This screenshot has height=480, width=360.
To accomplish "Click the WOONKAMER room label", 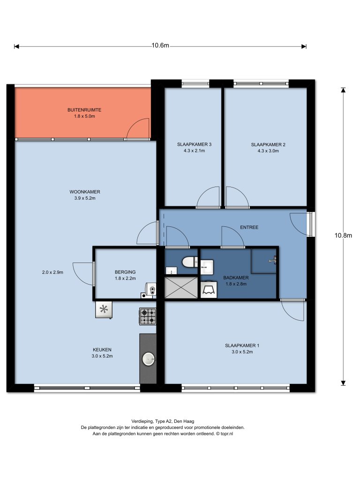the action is (85, 192).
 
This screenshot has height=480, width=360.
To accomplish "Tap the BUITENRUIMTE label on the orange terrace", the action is (84, 110).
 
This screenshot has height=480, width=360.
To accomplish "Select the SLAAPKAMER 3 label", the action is (195, 144).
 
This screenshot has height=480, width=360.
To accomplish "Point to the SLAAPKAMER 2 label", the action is (268, 144).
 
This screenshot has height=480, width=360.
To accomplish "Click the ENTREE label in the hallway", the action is (249, 227).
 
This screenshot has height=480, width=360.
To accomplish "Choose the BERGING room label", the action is (125, 272).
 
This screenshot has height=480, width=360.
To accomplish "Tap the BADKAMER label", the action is (236, 277).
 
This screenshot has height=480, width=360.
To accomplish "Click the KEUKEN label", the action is (102, 350).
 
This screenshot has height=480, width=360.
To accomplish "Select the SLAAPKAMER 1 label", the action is (242, 345).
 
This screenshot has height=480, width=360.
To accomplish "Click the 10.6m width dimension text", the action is (160, 45).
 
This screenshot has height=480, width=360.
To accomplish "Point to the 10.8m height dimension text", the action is (343, 235).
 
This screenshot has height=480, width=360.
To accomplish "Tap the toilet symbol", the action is (190, 262).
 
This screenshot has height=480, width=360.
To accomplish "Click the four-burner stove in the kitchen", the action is (148, 316).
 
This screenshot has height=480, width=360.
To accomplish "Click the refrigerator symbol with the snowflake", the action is (104, 309).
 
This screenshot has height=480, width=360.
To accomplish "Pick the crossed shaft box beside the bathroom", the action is (181, 287).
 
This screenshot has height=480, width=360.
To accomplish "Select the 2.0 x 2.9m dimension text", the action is (52, 272).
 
